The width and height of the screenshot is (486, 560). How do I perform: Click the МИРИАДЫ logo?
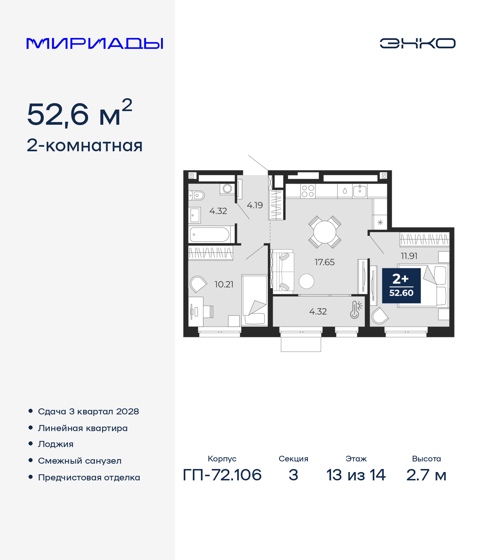[x=95, y=43]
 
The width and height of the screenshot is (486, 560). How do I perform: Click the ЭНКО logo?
[x=417, y=43]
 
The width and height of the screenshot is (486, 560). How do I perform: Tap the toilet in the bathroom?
[x=196, y=195]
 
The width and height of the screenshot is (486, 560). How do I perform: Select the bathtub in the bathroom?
[x=210, y=235]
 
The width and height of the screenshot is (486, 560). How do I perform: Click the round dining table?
[x=325, y=232]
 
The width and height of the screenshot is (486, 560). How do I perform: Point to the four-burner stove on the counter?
[x=308, y=191]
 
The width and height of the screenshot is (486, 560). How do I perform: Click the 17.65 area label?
[x=325, y=262]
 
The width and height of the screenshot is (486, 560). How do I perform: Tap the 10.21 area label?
[x=224, y=284]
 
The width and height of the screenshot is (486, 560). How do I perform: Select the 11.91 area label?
[x=409, y=256]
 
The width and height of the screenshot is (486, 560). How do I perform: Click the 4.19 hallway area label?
[x=254, y=205]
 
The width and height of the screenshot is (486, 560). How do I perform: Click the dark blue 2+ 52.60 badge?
[x=401, y=286]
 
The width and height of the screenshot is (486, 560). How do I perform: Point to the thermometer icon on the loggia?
[x=355, y=310]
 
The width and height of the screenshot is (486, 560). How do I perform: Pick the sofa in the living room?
[x=283, y=271]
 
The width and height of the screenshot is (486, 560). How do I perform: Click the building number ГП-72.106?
[x=222, y=475]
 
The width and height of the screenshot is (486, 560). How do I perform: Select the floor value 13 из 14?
[x=356, y=475]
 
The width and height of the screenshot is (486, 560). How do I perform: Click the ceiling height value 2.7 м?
[x=426, y=475]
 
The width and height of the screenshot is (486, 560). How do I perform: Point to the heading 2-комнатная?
[x=85, y=146]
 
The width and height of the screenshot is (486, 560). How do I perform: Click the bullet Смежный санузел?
[x=79, y=461]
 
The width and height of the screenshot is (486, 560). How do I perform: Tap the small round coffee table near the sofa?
[x=307, y=281]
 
